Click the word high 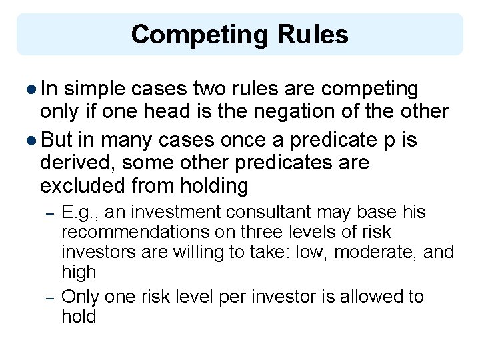coord(79,272)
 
